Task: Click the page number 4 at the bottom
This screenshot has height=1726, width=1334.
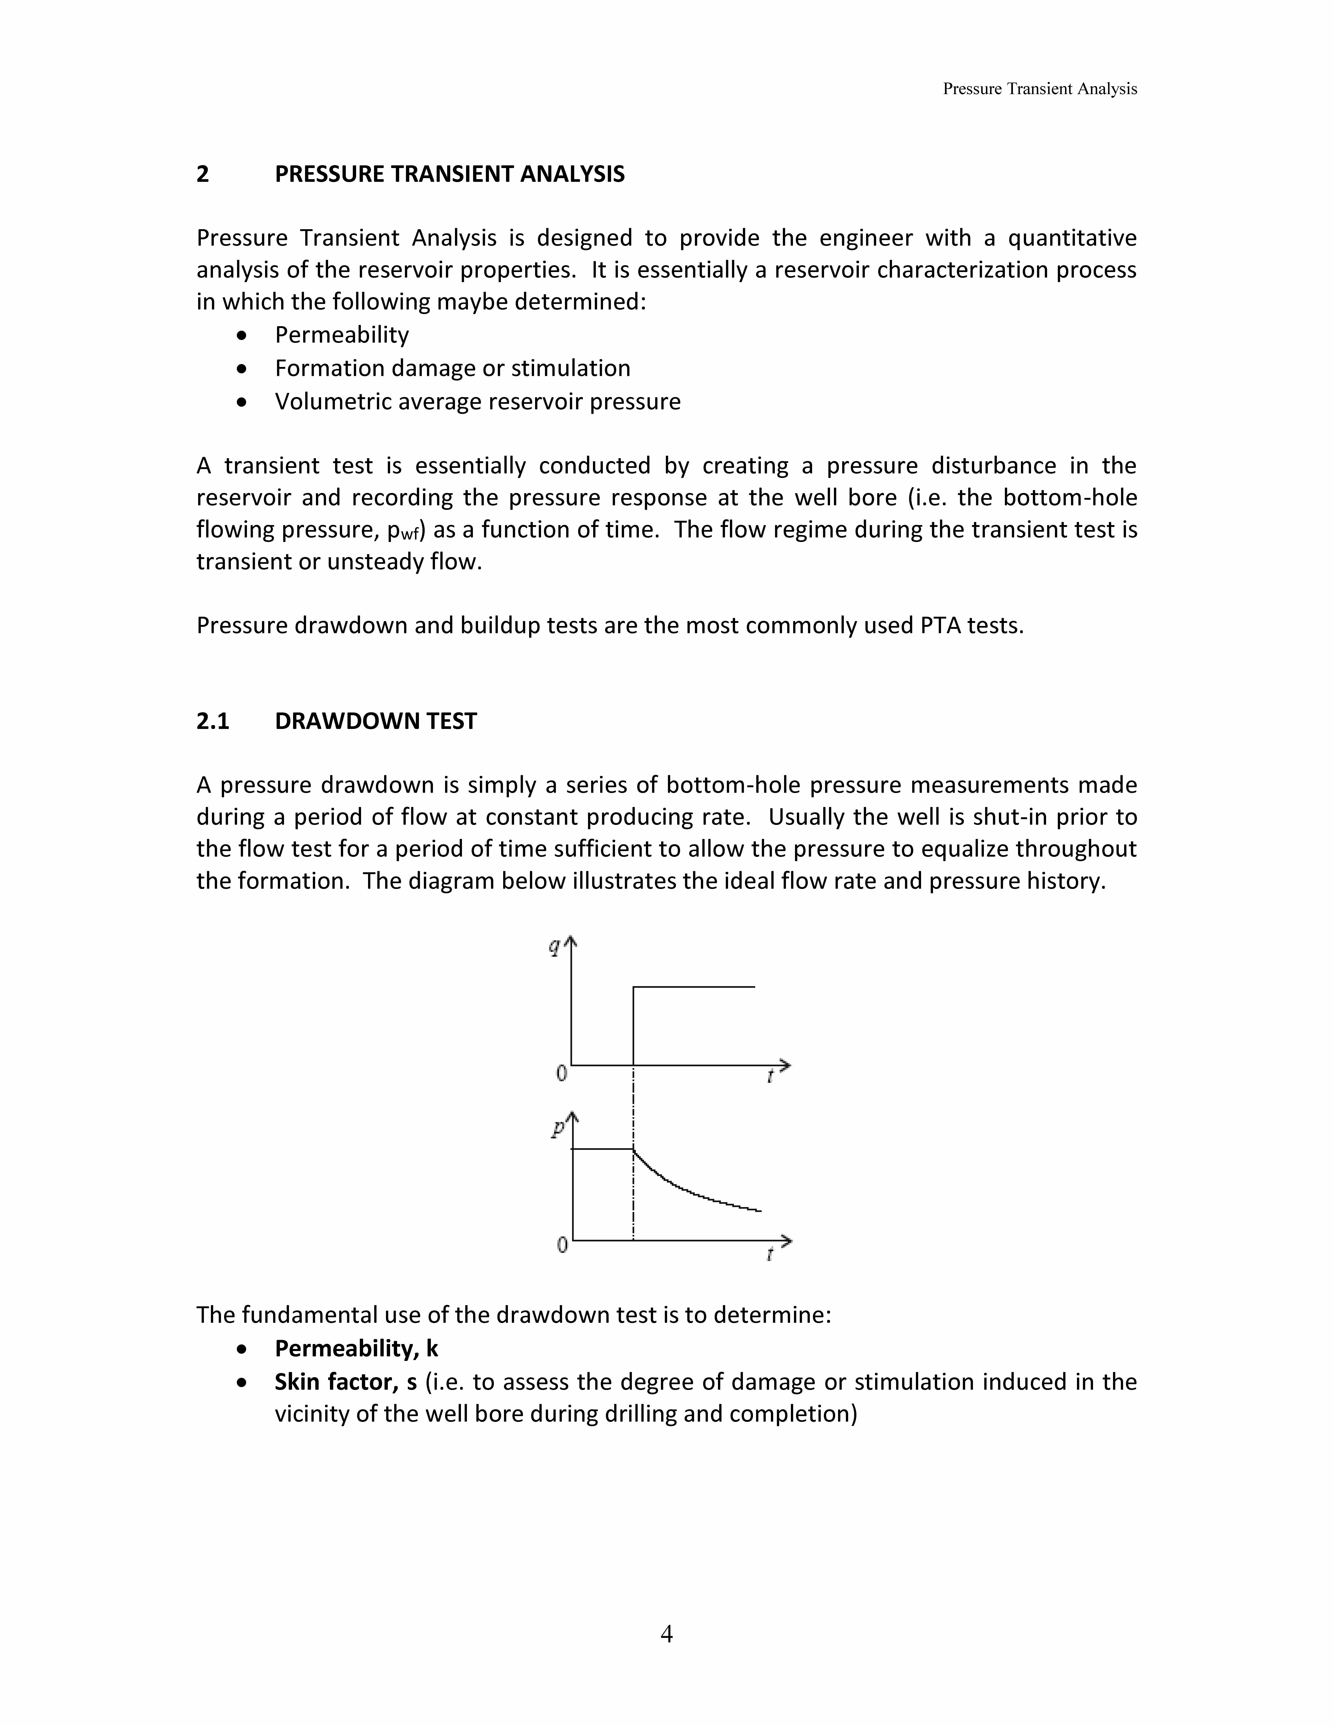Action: (x=666, y=1634)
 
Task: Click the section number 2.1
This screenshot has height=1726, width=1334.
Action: (x=213, y=721)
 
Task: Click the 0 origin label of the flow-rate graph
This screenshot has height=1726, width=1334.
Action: (x=561, y=1073)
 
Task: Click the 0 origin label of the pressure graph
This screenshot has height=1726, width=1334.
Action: (x=562, y=1246)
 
